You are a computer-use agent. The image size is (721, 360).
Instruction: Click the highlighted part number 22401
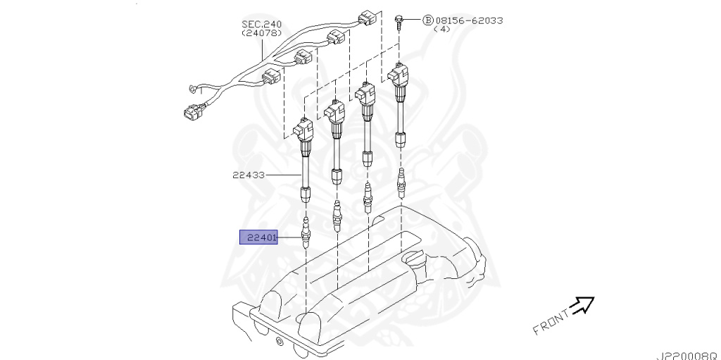(x=259, y=237)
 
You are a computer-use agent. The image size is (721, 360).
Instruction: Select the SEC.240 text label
(x=262, y=24)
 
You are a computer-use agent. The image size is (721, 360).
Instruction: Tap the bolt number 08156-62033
(x=469, y=20)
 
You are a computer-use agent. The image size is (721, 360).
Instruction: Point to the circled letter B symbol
(x=427, y=20)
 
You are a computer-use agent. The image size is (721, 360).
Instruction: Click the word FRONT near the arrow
(x=550, y=321)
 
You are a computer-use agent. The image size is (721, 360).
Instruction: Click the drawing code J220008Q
(x=689, y=355)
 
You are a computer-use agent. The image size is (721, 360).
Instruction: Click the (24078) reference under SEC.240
(x=262, y=33)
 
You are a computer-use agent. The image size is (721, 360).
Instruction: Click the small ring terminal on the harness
(x=192, y=89)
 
